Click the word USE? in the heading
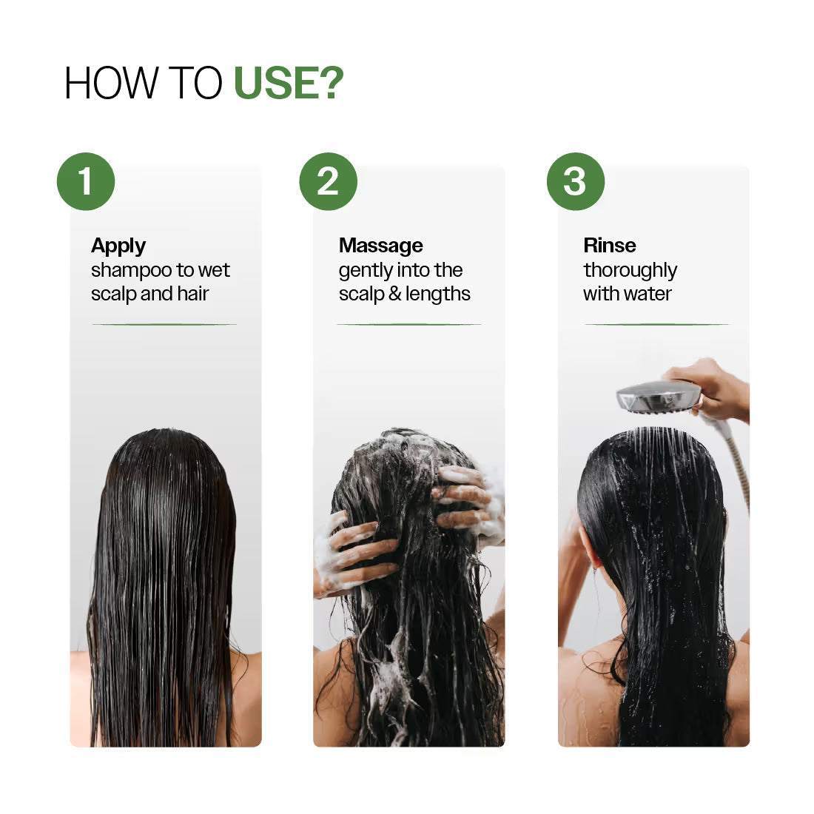[289, 83]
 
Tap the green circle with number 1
[86, 182]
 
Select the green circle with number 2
[329, 182]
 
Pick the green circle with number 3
[575, 182]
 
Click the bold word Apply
[118, 246]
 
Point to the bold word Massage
[380, 246]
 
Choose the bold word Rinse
[609, 246]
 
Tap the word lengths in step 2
[437, 295]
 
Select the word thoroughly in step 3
[630, 271]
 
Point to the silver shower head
[657, 397]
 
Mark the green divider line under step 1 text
[164, 324]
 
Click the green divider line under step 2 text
[408, 324]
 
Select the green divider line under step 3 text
[656, 324]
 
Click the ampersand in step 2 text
[394, 295]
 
